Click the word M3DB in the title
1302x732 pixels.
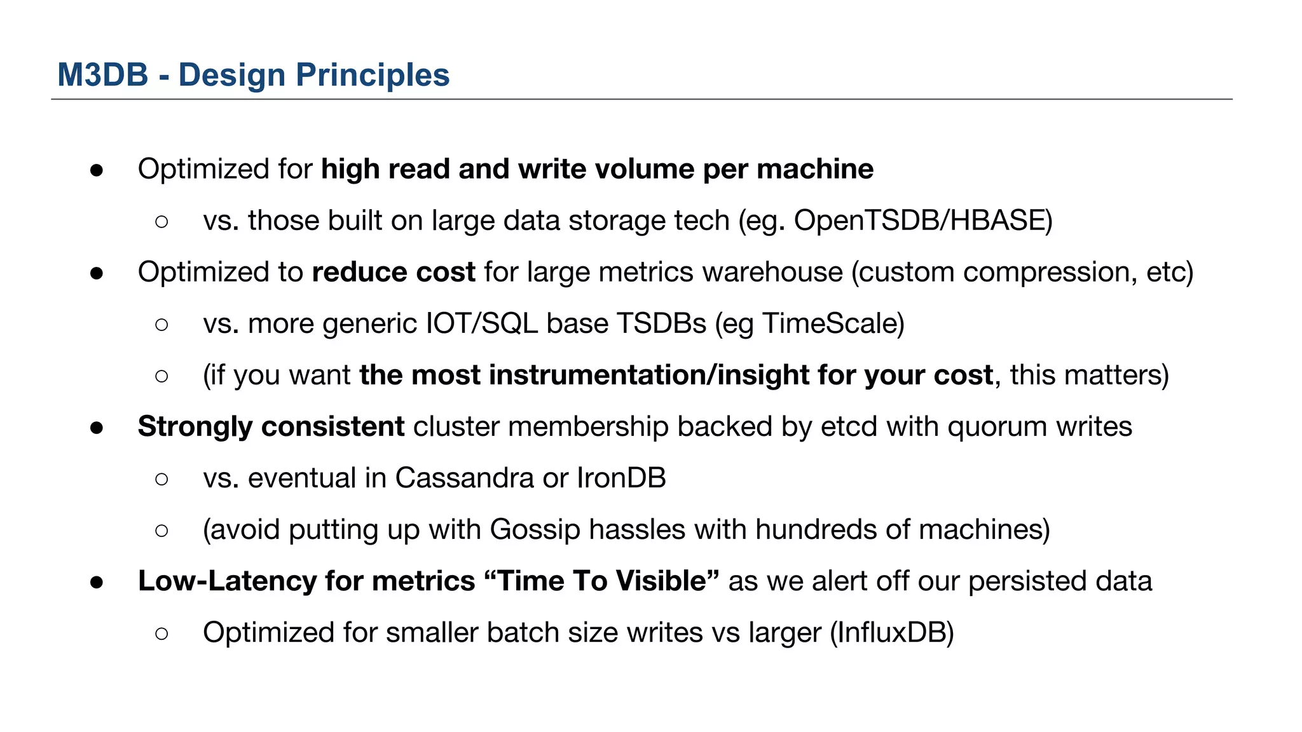pos(102,75)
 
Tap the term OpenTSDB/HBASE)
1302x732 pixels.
pos(923,220)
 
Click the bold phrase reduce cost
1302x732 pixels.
pos(394,272)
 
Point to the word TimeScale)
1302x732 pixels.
pos(833,323)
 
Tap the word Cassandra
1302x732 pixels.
pos(464,478)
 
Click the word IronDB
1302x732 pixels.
pos(621,478)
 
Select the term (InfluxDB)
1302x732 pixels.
pos(892,633)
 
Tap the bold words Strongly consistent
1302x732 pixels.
pos(271,426)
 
